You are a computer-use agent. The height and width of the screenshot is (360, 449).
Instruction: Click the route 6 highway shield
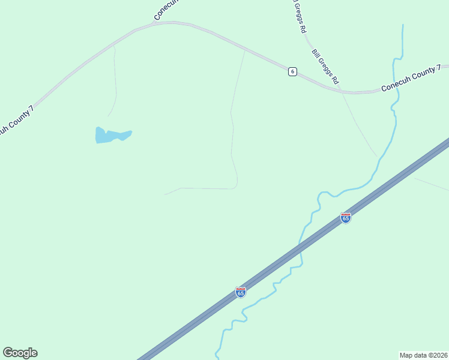[x=292, y=71]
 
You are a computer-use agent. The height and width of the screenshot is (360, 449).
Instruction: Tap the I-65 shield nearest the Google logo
[x=241, y=292]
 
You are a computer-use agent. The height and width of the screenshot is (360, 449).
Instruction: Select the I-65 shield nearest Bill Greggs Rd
[x=346, y=218]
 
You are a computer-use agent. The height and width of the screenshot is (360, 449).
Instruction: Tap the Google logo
[x=20, y=353]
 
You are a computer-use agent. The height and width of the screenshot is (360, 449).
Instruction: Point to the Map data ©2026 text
[x=423, y=355]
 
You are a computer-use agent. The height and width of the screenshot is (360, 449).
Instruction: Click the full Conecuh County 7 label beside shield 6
[x=411, y=79]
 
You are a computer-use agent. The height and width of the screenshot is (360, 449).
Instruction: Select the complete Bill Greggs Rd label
[x=325, y=67]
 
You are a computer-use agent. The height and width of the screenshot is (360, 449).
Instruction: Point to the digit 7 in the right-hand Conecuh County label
[x=439, y=68]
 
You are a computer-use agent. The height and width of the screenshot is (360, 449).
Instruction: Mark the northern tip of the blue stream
[x=403, y=25]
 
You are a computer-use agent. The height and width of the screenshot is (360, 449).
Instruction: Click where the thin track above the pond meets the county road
[x=113, y=46]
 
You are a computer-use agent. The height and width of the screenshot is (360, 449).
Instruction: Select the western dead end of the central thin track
[x=165, y=194]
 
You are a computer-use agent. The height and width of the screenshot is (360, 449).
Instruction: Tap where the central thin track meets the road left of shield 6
[x=245, y=50]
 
